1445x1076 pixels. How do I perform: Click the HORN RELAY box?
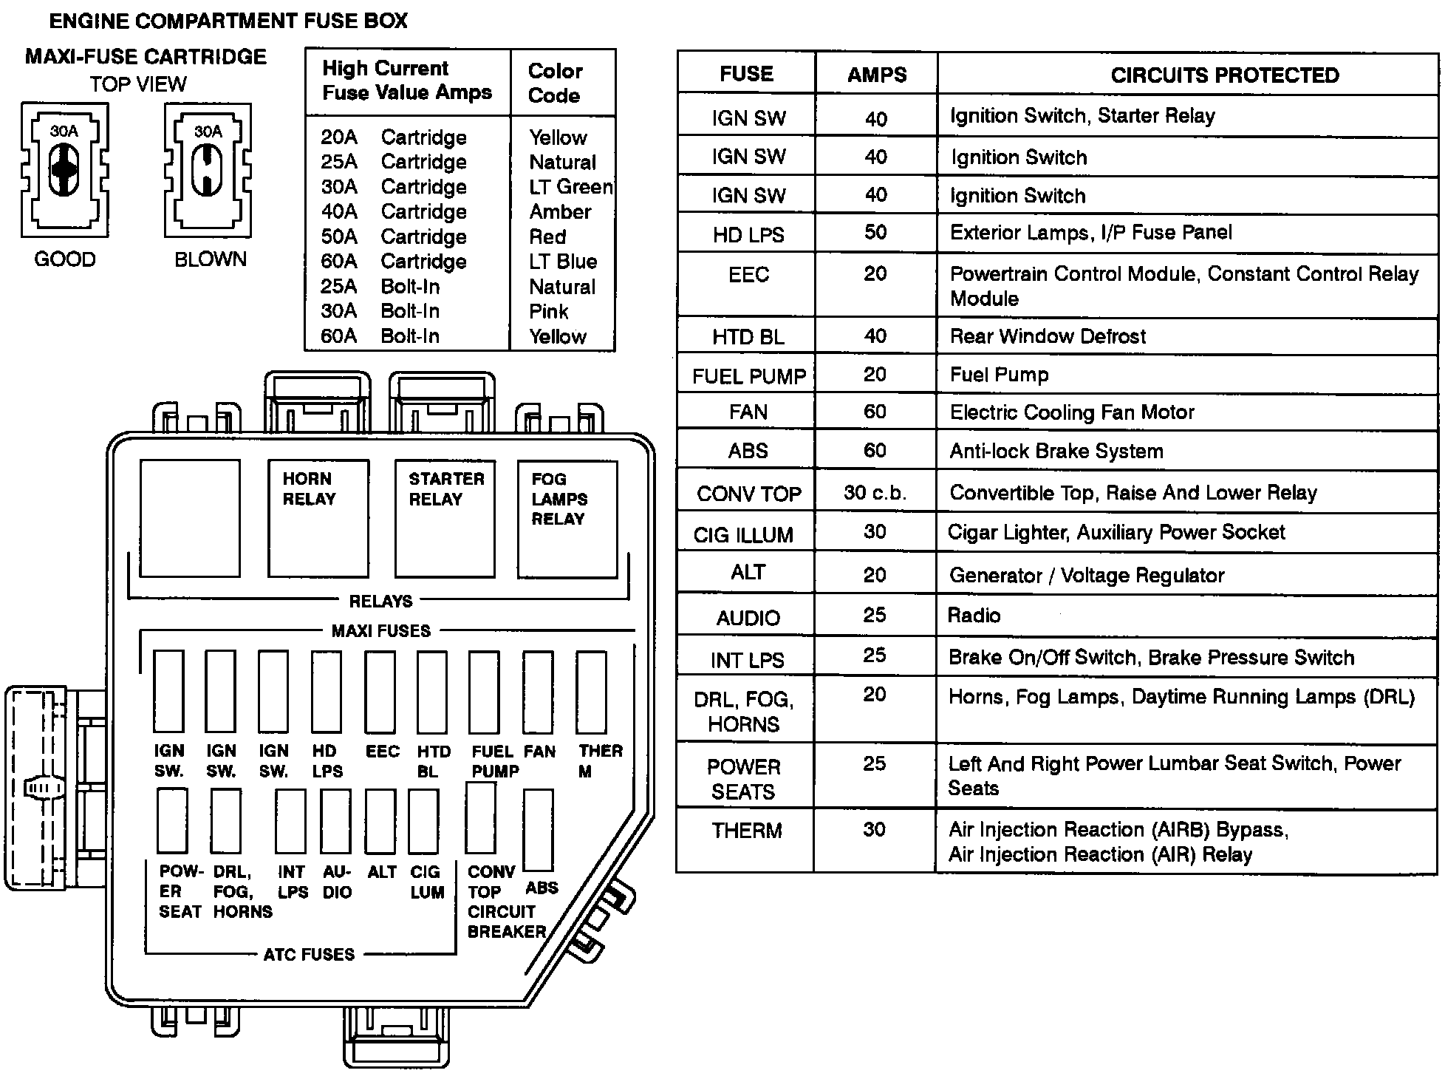tap(318, 518)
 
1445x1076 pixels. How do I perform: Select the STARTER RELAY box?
tap(445, 518)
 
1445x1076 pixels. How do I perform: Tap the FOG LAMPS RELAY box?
tap(567, 519)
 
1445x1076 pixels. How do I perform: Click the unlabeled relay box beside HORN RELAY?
tap(190, 518)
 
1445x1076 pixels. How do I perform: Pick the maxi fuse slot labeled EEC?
tap(380, 691)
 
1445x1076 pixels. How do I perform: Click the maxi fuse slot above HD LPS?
tap(327, 691)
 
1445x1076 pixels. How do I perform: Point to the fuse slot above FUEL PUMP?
tap(484, 692)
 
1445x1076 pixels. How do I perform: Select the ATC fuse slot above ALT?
tap(380, 821)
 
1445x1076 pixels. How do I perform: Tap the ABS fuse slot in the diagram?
tap(538, 830)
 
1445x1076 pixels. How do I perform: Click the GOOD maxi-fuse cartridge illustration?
tap(65, 170)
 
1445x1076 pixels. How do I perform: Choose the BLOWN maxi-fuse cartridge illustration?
tap(208, 170)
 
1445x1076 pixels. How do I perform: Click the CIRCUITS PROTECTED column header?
tap(1224, 75)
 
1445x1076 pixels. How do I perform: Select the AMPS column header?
tap(876, 75)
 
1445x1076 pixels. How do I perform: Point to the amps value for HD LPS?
tap(875, 232)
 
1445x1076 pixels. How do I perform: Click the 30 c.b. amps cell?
tap(875, 492)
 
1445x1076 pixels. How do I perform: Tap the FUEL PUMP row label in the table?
tap(748, 376)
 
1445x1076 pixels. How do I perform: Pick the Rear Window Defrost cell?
tap(1048, 336)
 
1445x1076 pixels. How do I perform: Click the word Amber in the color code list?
tap(560, 212)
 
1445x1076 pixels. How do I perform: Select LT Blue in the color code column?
tap(562, 262)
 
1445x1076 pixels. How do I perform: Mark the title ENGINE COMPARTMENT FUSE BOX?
tap(228, 21)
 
